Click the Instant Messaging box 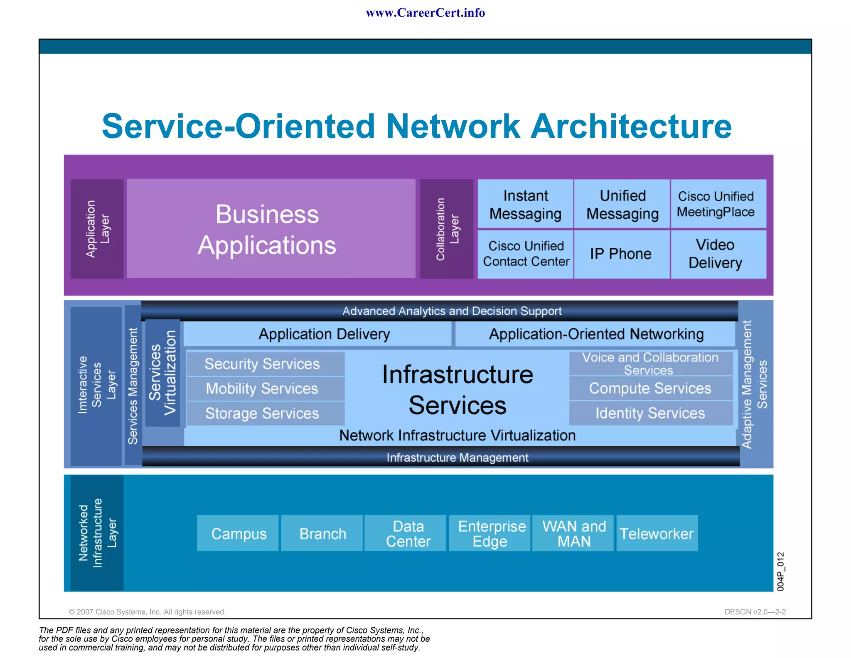pyautogui.click(x=525, y=204)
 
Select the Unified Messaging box pyautogui.click(x=622, y=204)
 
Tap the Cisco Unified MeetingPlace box pyautogui.click(x=718, y=204)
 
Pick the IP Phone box pyautogui.click(x=621, y=254)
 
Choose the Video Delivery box pyautogui.click(x=718, y=254)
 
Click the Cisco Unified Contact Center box pyautogui.click(x=526, y=254)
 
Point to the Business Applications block pyautogui.click(x=271, y=229)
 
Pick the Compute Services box pyautogui.click(x=650, y=388)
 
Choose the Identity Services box pyautogui.click(x=650, y=413)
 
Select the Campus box pyautogui.click(x=238, y=533)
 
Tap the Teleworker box pyautogui.click(x=657, y=533)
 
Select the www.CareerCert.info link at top pyautogui.click(x=425, y=13)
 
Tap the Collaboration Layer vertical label pyautogui.click(x=447, y=229)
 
